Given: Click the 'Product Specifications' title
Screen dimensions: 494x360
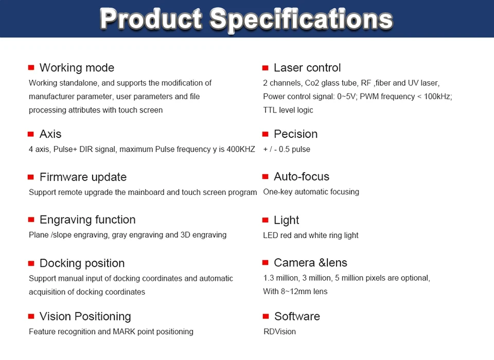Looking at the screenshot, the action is pyautogui.click(x=246, y=19).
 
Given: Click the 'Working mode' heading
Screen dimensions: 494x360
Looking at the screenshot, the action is pyautogui.click(x=77, y=68).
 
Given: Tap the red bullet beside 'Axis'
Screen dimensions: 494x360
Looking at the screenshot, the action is pyautogui.click(x=30, y=134).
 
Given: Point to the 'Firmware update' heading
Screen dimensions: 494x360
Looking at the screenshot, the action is pyautogui.click(x=83, y=177).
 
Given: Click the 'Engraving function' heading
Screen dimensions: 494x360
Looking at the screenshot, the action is pyautogui.click(x=87, y=220).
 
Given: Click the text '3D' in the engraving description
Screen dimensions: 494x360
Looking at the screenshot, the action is pyautogui.click(x=185, y=235).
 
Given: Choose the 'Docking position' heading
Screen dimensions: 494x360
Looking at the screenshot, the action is pyautogui.click(x=82, y=263).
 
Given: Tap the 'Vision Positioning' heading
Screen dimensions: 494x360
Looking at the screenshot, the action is pyautogui.click(x=85, y=316).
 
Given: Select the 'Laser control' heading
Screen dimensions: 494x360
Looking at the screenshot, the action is pyautogui.click(x=307, y=68).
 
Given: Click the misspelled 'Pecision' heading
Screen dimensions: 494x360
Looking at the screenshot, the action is pyautogui.click(x=295, y=134).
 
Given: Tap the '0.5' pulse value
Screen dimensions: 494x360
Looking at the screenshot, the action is pyautogui.click(x=284, y=149).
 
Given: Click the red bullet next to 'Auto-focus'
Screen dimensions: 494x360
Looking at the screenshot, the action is pyautogui.click(x=266, y=177).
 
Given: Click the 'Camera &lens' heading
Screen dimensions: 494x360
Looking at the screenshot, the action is pyautogui.click(x=310, y=263).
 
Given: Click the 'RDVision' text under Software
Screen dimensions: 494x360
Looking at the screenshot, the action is pyautogui.click(x=280, y=332).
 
